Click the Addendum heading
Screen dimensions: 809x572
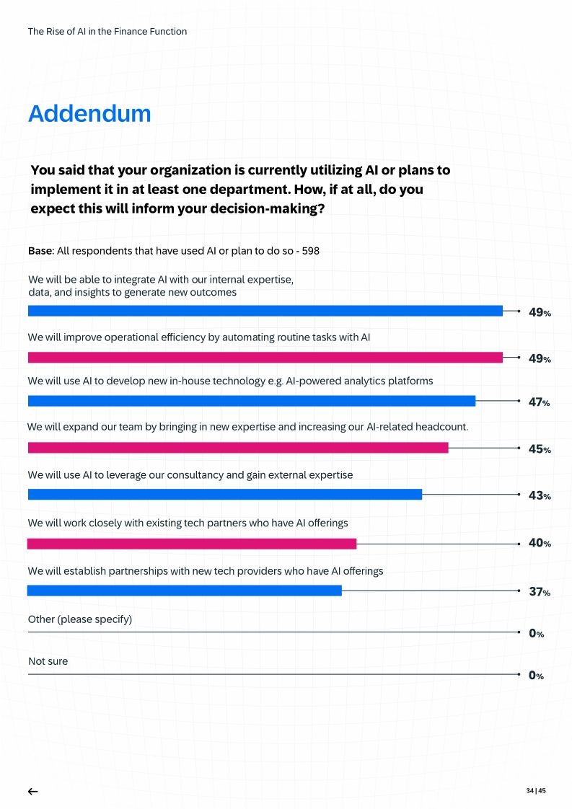[x=89, y=114]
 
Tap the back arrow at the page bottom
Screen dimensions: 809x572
[x=32, y=791]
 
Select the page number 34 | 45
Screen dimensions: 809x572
[x=535, y=791]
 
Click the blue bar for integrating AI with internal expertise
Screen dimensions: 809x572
[x=265, y=311]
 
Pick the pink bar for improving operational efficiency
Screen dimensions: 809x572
[x=265, y=358]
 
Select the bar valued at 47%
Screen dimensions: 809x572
[x=251, y=401]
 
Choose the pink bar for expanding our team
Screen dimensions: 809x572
[x=237, y=448]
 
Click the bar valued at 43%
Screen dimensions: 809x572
[x=224, y=495]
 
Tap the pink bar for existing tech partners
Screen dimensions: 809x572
[x=191, y=543]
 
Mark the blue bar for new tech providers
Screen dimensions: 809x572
[x=184, y=591]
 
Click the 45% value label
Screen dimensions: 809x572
[x=540, y=449]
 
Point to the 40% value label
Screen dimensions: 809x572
[x=540, y=543]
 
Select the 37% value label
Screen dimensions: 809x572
[x=540, y=592]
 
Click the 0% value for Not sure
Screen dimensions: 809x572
[x=536, y=676]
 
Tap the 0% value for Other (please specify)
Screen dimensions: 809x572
[x=536, y=634]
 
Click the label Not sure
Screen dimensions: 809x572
[x=48, y=661]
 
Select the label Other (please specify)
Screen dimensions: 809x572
[x=79, y=619]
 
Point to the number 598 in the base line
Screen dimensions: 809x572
[x=310, y=252]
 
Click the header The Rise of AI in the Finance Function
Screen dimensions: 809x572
[x=107, y=32]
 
